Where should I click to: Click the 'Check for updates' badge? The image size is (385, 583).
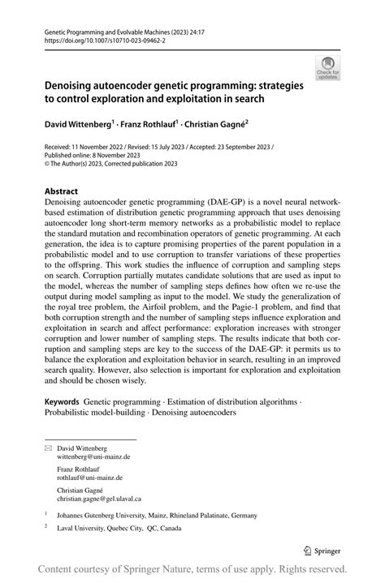(327, 67)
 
